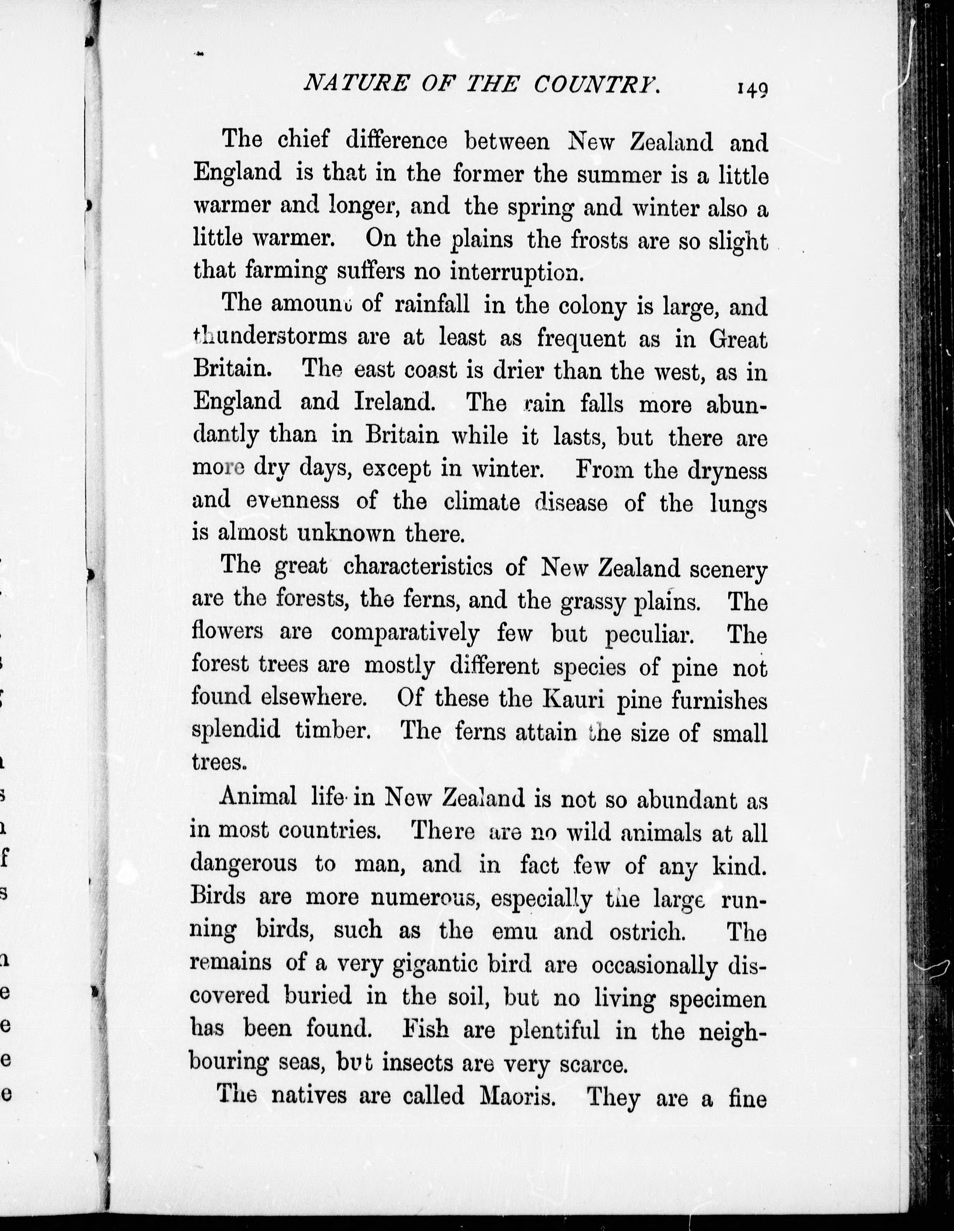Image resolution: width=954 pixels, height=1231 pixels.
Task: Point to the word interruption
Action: (514, 273)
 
